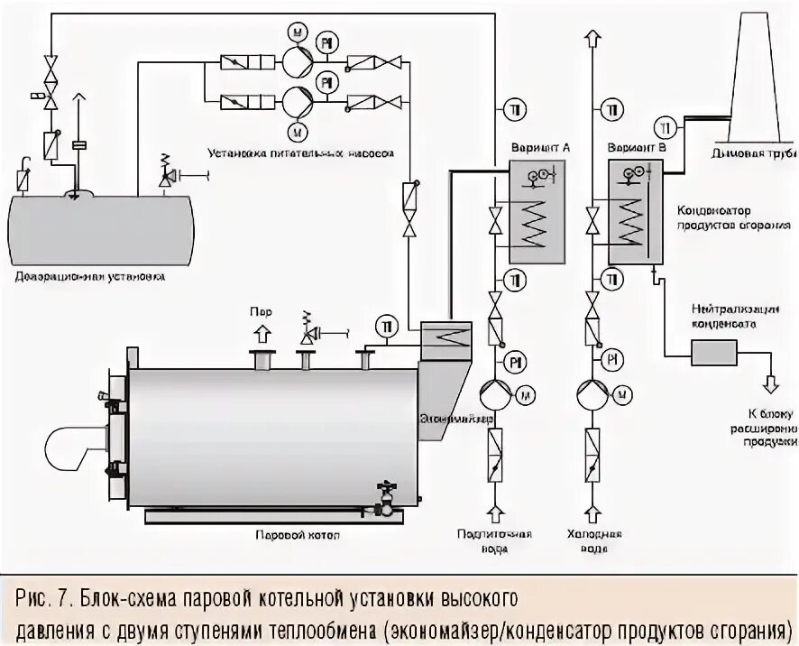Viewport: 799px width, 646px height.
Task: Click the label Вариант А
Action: point(540,146)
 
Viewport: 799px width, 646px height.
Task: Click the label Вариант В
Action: point(638,146)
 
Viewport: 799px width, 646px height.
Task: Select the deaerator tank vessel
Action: point(99,230)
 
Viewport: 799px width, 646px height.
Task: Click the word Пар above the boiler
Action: point(261,311)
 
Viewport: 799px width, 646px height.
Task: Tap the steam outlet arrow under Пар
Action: point(262,334)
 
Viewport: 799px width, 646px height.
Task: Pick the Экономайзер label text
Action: point(456,420)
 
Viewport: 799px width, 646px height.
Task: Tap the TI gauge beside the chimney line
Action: point(666,125)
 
